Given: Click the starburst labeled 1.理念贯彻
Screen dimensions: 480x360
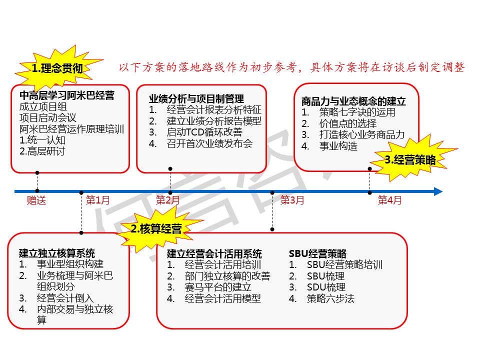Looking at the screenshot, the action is pyautogui.click(x=58, y=68).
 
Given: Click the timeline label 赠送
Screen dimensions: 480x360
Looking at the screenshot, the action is pyautogui.click(x=36, y=200).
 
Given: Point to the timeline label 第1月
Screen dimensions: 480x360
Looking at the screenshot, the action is pyautogui.click(x=97, y=200).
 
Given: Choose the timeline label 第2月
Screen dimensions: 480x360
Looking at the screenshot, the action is pyautogui.click(x=167, y=200).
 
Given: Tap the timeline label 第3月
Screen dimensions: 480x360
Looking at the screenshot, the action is pyautogui.click(x=292, y=200).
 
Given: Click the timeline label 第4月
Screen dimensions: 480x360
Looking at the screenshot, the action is pyautogui.click(x=389, y=200).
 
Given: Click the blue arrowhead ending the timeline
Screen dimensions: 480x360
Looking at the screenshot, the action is pyautogui.click(x=438, y=191).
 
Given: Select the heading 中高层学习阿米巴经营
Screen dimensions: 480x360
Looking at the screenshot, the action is pyautogui.click(x=66, y=95).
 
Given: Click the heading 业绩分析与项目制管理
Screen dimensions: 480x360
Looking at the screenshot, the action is pyautogui.click(x=196, y=98).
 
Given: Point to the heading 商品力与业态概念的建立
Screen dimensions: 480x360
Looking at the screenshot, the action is pyautogui.click(x=353, y=101).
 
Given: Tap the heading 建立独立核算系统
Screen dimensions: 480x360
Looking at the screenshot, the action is pyautogui.click(x=57, y=253).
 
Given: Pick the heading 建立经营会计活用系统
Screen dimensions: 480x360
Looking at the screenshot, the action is pyautogui.click(x=214, y=254).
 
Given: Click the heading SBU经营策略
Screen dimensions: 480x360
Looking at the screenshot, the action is pyautogui.click(x=318, y=253).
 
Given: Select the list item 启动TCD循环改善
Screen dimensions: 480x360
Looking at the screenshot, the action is pyautogui.click(x=204, y=132).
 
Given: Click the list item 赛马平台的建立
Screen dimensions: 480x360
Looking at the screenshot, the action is pyautogui.click(x=218, y=287).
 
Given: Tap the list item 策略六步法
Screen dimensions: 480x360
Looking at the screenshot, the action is pyautogui.click(x=330, y=298).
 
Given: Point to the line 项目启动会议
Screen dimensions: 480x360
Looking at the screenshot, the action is pyautogui.click(x=48, y=117).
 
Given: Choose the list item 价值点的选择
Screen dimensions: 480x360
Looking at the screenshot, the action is pyautogui.click(x=348, y=123).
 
